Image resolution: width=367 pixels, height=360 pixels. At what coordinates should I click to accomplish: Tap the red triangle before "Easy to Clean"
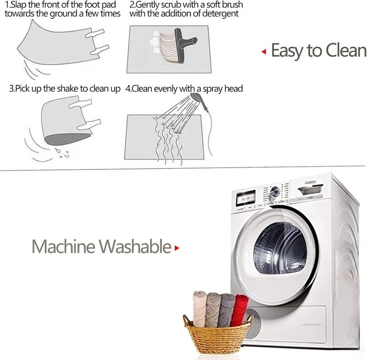tap(264, 51)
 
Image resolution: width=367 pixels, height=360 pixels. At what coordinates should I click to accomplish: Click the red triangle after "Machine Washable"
tap(177, 248)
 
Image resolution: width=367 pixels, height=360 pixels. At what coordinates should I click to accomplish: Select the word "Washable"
tap(135, 247)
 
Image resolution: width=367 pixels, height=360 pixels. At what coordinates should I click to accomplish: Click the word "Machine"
tap(63, 247)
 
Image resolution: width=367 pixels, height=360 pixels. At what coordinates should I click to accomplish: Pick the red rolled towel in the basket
tap(239, 310)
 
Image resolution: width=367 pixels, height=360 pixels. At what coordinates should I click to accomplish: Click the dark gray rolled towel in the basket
tap(226, 310)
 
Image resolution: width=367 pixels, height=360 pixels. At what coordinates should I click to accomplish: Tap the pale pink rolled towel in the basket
tap(200, 309)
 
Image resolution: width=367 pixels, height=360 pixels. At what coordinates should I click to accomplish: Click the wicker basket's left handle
tap(187, 321)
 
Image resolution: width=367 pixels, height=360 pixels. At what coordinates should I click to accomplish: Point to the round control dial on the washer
tap(274, 191)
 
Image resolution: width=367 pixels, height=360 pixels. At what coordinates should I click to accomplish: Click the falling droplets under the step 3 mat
tap(62, 153)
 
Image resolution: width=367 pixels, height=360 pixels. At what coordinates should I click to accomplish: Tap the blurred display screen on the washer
tap(246, 198)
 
